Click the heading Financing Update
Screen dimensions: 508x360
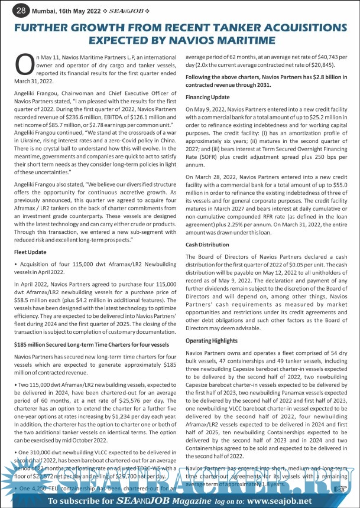207,96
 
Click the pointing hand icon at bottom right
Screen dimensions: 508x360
339,490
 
